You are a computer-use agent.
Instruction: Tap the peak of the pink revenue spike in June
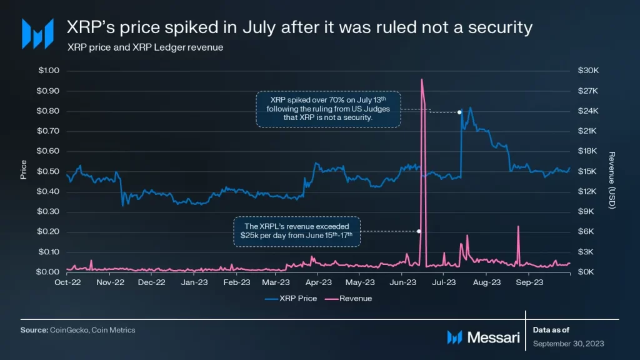[422, 79]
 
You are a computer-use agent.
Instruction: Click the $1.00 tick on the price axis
[49, 71]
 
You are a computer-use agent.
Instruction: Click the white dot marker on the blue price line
[459, 112]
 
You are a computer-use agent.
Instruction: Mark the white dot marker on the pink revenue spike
[419, 231]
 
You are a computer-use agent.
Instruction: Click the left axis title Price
[24, 170]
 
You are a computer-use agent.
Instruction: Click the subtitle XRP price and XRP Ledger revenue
[145, 47]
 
